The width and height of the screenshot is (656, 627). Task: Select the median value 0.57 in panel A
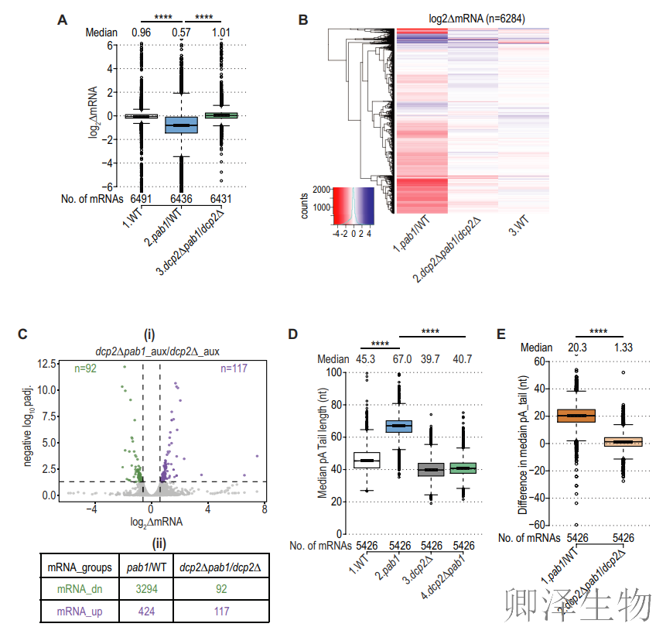coord(182,33)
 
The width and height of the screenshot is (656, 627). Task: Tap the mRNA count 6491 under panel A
coord(141,199)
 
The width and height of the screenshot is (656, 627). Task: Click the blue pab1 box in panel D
coord(399,426)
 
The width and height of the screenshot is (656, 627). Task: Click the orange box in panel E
coord(576,416)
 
